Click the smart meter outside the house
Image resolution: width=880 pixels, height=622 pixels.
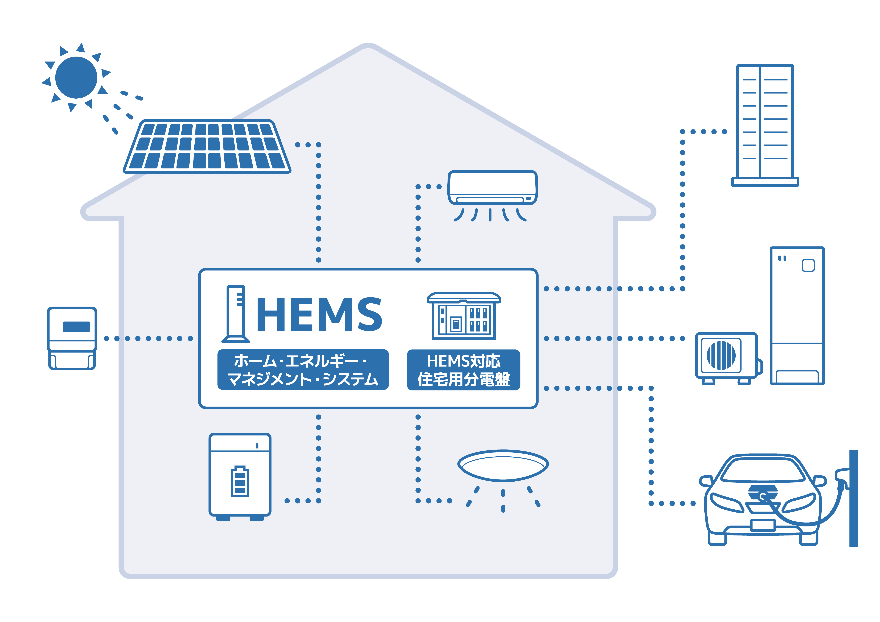(72, 338)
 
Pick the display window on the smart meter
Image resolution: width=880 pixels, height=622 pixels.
(76, 326)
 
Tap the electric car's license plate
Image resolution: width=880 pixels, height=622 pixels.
(763, 525)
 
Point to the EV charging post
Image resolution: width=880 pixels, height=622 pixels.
(853, 498)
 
